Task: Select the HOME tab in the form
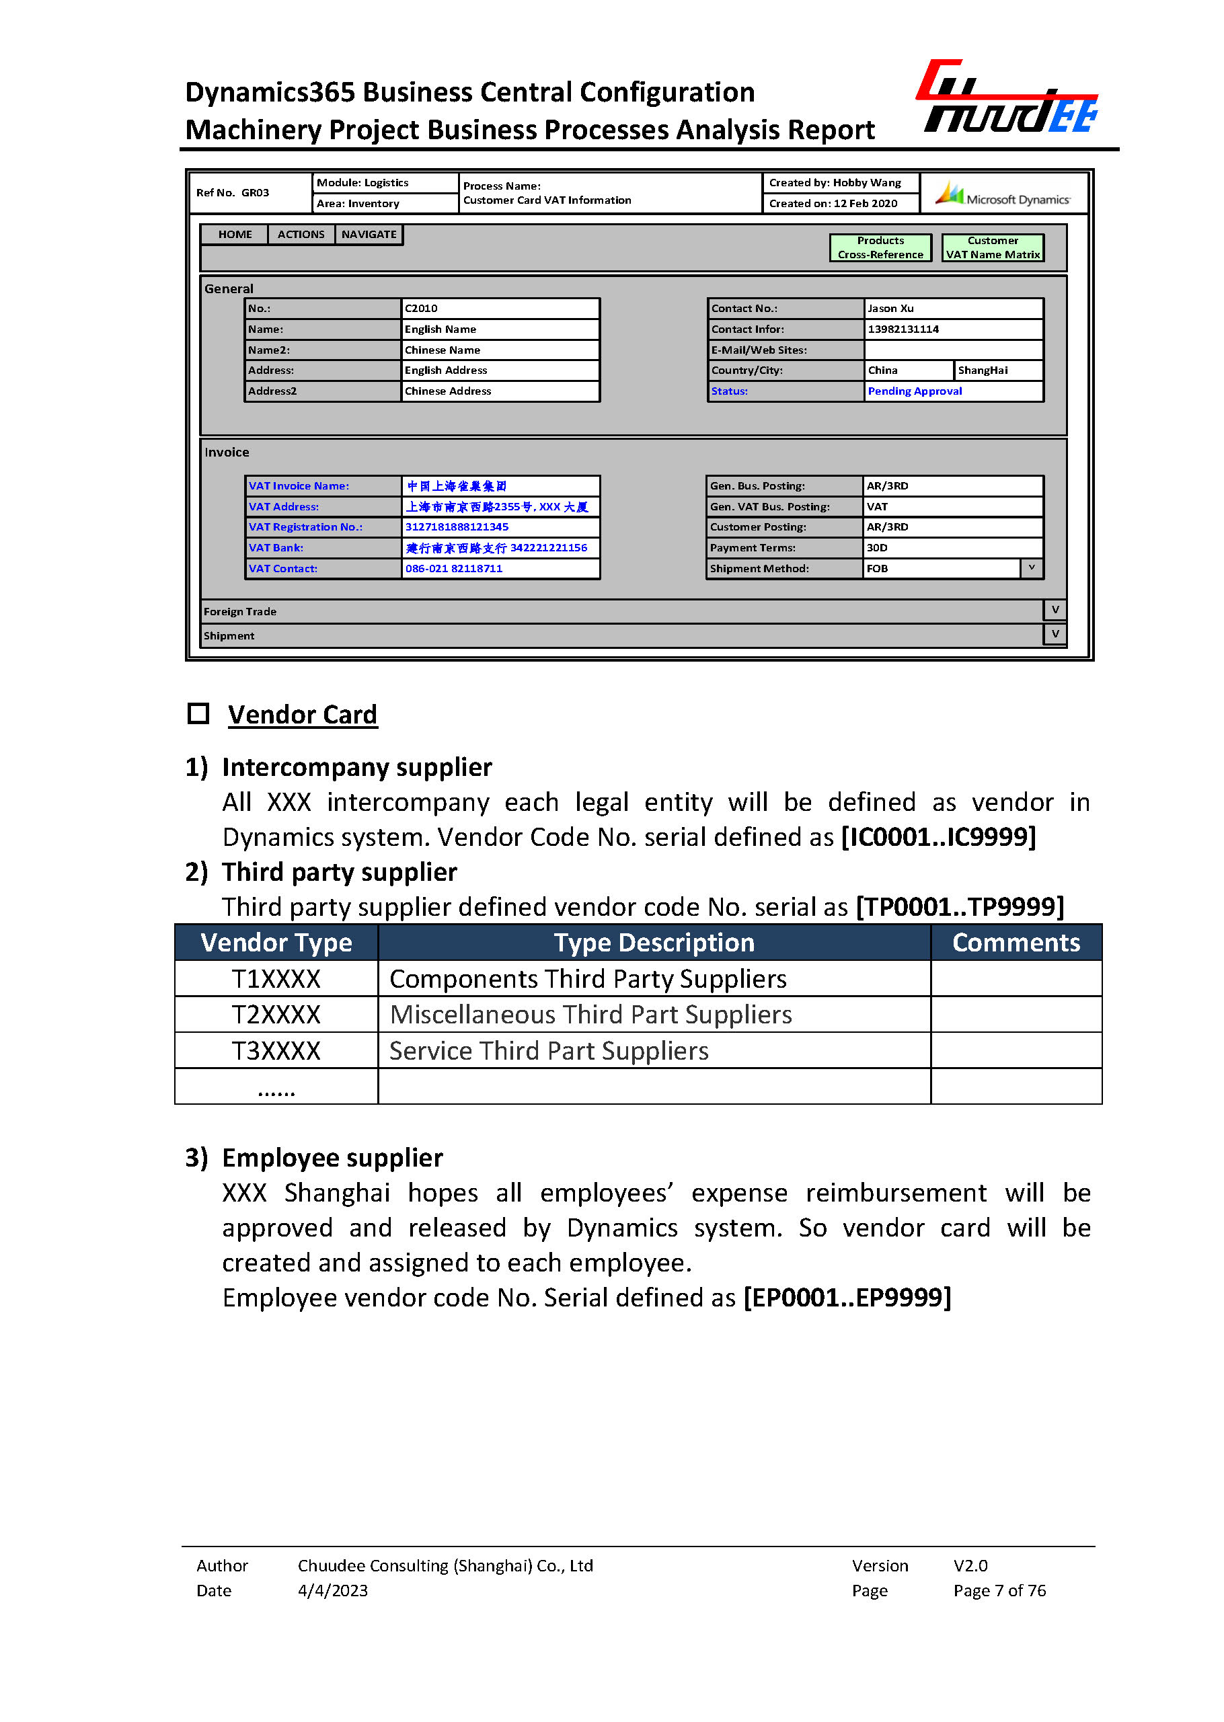click(x=235, y=235)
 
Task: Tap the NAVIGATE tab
click(x=369, y=235)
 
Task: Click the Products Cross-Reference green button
click(x=880, y=247)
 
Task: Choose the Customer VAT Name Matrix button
click(x=992, y=247)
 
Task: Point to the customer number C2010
click(x=421, y=308)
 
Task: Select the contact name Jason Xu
click(x=890, y=308)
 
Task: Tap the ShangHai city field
click(x=982, y=370)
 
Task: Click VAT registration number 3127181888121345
click(x=457, y=526)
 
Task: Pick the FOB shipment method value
click(x=877, y=568)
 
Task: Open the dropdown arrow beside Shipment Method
click(x=1031, y=568)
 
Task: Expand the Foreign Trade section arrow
click(x=1055, y=610)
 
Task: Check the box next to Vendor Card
click(x=198, y=713)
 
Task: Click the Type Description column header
click(x=654, y=942)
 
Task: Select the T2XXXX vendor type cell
click(x=276, y=1015)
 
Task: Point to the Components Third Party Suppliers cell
click(x=588, y=978)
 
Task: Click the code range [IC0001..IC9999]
click(x=938, y=836)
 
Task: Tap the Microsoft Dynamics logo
click(x=1003, y=194)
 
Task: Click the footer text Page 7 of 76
click(x=999, y=1590)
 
